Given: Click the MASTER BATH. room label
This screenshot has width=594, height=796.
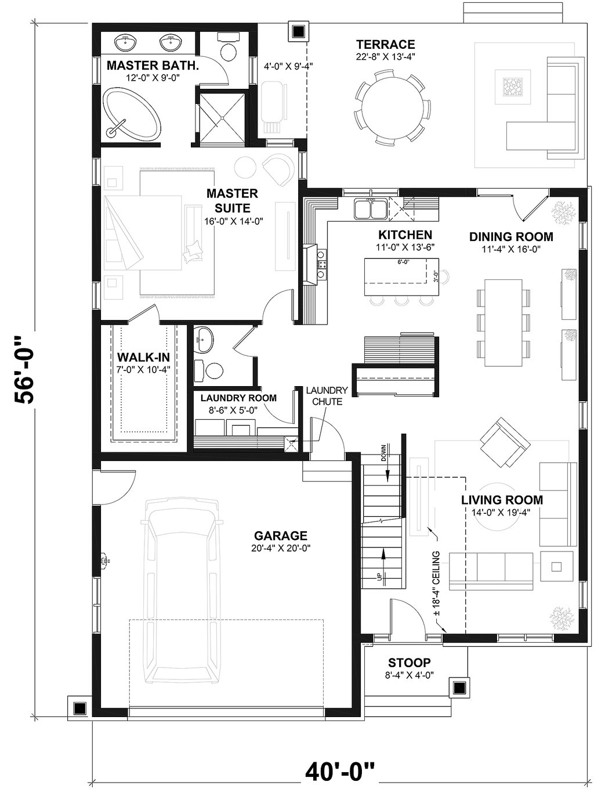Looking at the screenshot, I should tap(153, 65).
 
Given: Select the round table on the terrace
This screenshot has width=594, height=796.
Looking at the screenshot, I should tap(393, 107).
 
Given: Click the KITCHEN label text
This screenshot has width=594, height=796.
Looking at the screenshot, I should tap(405, 235).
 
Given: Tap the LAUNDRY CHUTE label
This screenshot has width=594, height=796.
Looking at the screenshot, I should tap(327, 396).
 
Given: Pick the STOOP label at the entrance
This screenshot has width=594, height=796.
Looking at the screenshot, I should tap(409, 662).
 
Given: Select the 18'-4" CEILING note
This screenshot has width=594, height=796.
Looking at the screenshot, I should tap(436, 584).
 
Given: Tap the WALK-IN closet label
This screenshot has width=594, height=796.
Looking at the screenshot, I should tap(143, 357).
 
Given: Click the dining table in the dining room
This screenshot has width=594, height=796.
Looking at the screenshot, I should tap(503, 322).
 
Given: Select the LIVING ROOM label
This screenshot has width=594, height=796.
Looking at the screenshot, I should tap(502, 500).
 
